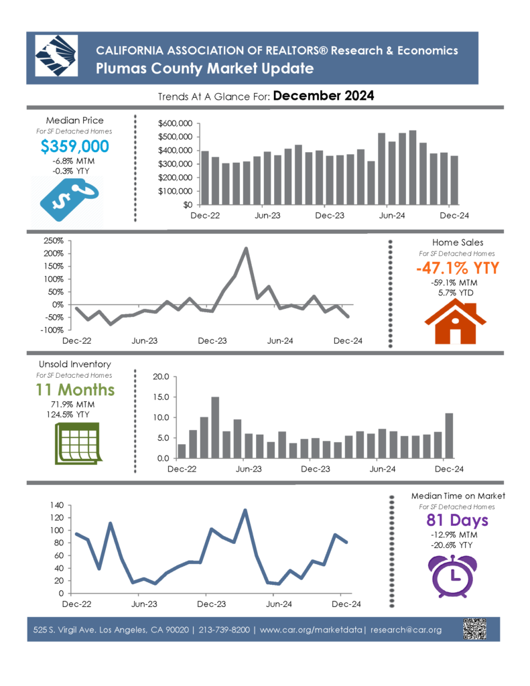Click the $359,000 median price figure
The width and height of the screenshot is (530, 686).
(x=74, y=146)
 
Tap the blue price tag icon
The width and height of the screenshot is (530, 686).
(x=69, y=200)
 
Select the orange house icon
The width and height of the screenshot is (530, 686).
(x=455, y=323)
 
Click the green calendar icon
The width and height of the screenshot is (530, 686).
(x=78, y=443)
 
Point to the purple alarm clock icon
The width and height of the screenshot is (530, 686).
(x=452, y=576)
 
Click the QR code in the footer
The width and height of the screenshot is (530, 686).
(x=474, y=629)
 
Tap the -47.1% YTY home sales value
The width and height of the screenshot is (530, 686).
(x=458, y=268)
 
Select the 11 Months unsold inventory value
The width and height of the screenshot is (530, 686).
(x=75, y=389)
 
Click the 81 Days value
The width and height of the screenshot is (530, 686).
(x=458, y=520)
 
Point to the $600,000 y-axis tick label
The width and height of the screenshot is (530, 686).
(x=175, y=123)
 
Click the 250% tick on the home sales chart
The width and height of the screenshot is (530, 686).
(x=54, y=241)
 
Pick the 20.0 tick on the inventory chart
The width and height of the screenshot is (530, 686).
(x=161, y=376)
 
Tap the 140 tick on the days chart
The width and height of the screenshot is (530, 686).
(x=57, y=505)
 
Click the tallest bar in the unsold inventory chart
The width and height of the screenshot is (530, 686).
(x=215, y=427)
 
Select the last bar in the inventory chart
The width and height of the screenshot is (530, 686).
(x=449, y=435)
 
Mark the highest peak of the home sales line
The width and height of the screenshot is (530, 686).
(x=246, y=249)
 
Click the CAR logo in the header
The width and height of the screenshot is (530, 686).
(x=56, y=56)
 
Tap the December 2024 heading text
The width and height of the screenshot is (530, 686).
(x=324, y=95)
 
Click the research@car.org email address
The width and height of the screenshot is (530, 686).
(x=405, y=630)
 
